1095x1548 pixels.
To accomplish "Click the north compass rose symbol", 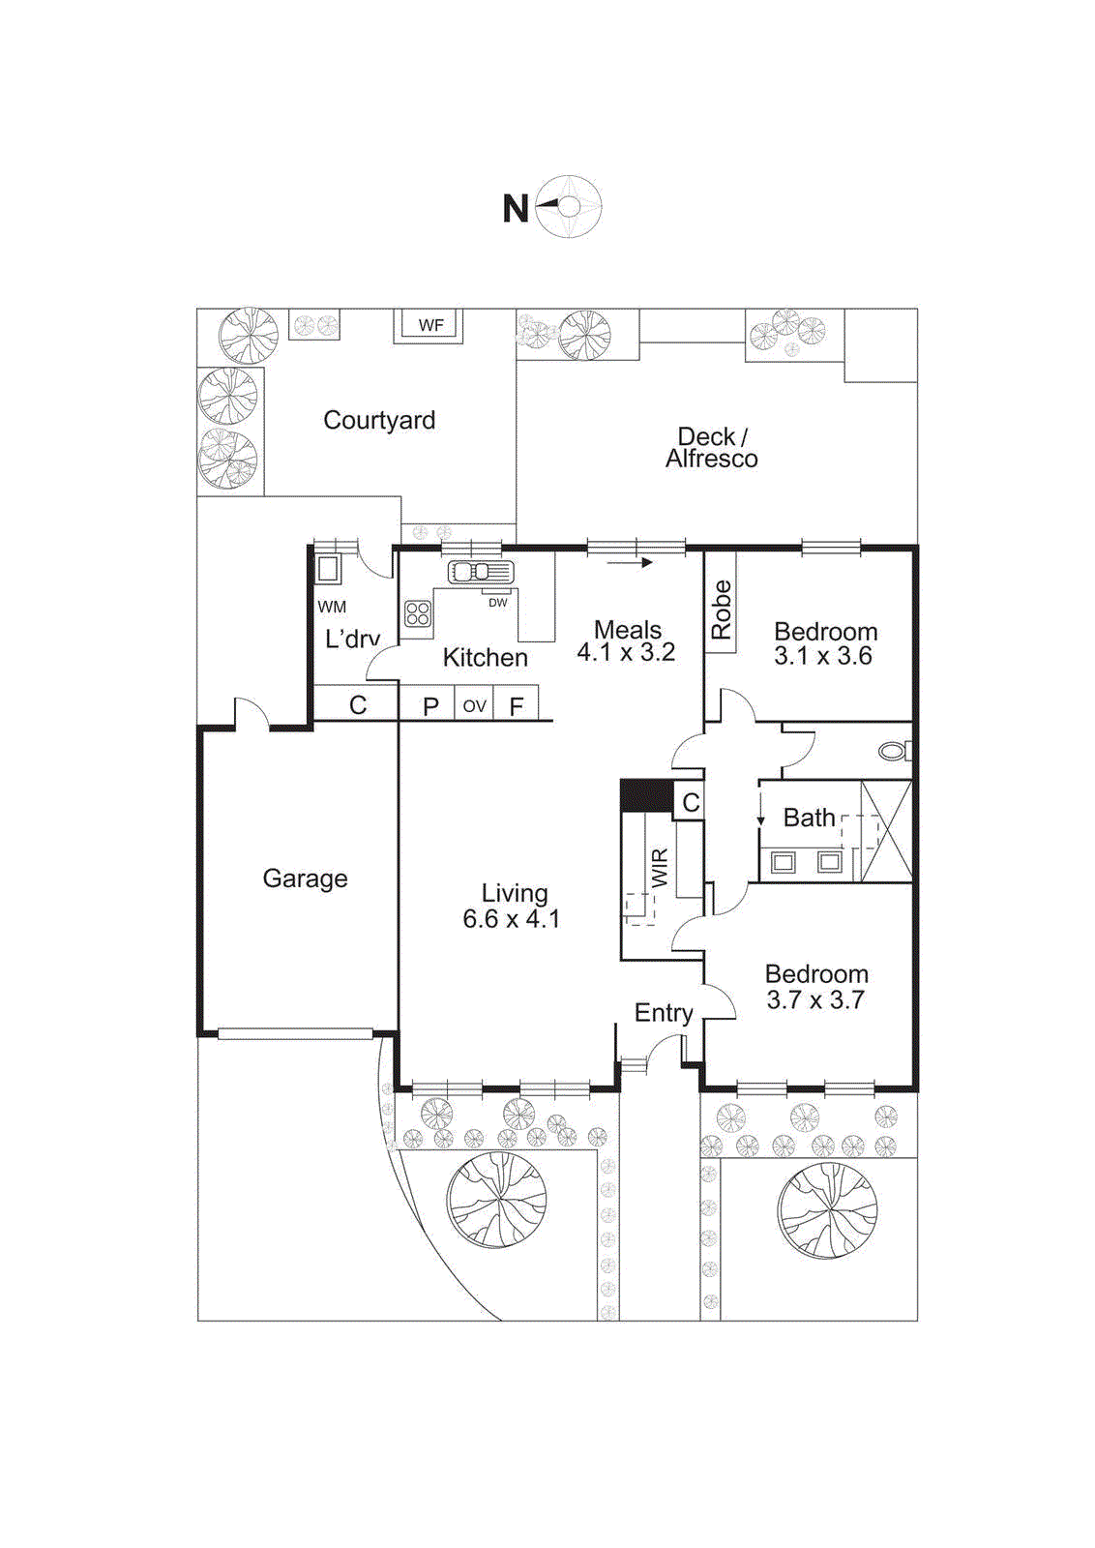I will coord(569,206).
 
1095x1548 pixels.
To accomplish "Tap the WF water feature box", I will coord(430,325).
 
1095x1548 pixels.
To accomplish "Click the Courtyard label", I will coord(379,420).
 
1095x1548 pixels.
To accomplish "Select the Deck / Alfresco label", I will coord(711,448).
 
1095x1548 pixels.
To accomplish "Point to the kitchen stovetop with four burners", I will coord(418,613).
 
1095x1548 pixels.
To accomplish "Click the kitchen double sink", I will coord(480,572).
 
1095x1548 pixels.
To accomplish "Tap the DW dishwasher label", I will coord(497,603).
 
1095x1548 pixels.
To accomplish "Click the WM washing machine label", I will coord(332,608).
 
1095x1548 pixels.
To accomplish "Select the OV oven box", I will coord(474,705).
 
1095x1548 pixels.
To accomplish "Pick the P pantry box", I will coord(431,706).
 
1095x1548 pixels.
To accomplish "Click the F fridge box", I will coord(517,706).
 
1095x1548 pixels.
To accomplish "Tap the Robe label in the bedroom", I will coord(722,610).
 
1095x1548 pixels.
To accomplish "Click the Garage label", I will coord(305,878).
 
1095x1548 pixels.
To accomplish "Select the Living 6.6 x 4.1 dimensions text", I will coord(511,919).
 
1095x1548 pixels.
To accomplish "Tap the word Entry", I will coord(664,1013).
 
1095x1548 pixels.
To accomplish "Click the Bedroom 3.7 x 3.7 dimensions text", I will coord(815,1000).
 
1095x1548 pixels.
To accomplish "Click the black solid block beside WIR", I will coord(646,796).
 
